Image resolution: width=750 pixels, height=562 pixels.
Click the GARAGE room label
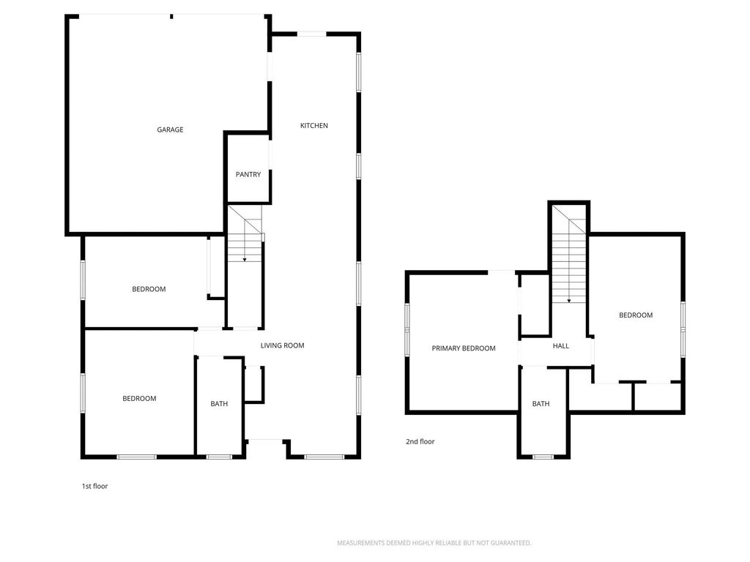point(170,130)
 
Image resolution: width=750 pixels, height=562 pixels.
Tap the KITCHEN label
point(313,126)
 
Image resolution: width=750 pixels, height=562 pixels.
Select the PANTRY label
point(248,174)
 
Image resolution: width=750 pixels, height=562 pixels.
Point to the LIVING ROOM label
point(282,345)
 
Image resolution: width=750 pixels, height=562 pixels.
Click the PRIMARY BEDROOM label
point(464,348)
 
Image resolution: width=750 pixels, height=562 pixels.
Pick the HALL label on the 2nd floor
point(560,345)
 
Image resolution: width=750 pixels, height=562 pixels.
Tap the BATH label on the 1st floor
point(219,404)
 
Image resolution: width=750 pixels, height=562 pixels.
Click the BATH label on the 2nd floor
point(541,404)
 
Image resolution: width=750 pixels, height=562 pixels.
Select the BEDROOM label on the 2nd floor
point(636,315)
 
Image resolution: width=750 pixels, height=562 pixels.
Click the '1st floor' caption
point(94,486)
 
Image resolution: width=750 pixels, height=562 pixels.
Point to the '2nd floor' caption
point(420,441)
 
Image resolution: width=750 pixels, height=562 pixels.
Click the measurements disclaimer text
point(434,543)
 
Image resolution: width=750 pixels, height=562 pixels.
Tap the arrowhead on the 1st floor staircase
point(245,260)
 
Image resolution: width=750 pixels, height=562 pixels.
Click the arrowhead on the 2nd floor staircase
point(568,301)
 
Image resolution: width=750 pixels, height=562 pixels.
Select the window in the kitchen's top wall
point(312,34)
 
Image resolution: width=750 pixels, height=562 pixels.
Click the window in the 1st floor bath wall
point(219,457)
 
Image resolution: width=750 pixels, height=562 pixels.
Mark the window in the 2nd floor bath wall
point(543,457)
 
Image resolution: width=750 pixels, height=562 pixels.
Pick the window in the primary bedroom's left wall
point(407,330)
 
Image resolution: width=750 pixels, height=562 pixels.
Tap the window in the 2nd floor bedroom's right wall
point(683,329)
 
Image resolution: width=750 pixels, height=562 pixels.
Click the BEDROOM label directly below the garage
point(149,289)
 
